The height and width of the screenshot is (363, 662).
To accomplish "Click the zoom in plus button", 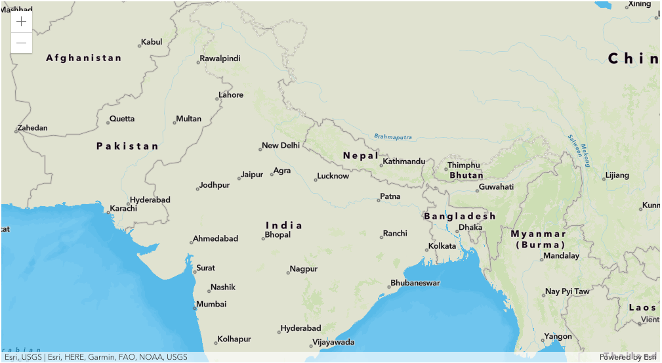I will click(22, 21).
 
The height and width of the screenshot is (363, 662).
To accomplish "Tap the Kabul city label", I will click(152, 42).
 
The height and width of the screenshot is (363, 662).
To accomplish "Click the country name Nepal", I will click(360, 156).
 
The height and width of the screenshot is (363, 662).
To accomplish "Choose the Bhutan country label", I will click(466, 175).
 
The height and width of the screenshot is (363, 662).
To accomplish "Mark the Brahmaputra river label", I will click(393, 137).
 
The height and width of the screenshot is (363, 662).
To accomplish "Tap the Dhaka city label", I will click(470, 227).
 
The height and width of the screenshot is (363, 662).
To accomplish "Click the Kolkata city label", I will click(442, 246).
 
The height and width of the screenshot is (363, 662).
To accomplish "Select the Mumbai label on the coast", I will click(211, 305).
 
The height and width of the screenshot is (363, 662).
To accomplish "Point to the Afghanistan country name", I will click(84, 58).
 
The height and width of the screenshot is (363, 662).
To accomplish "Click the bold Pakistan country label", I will click(127, 146).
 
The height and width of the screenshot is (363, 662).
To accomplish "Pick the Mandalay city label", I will click(562, 256).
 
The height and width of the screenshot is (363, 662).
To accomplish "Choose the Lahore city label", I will click(231, 95).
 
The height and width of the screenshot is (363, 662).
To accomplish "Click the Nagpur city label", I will click(303, 269).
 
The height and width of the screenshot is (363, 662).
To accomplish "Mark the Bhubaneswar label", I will click(415, 284).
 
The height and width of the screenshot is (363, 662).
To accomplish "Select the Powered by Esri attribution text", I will click(627, 357).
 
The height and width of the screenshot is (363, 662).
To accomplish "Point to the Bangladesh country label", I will click(459, 217).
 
